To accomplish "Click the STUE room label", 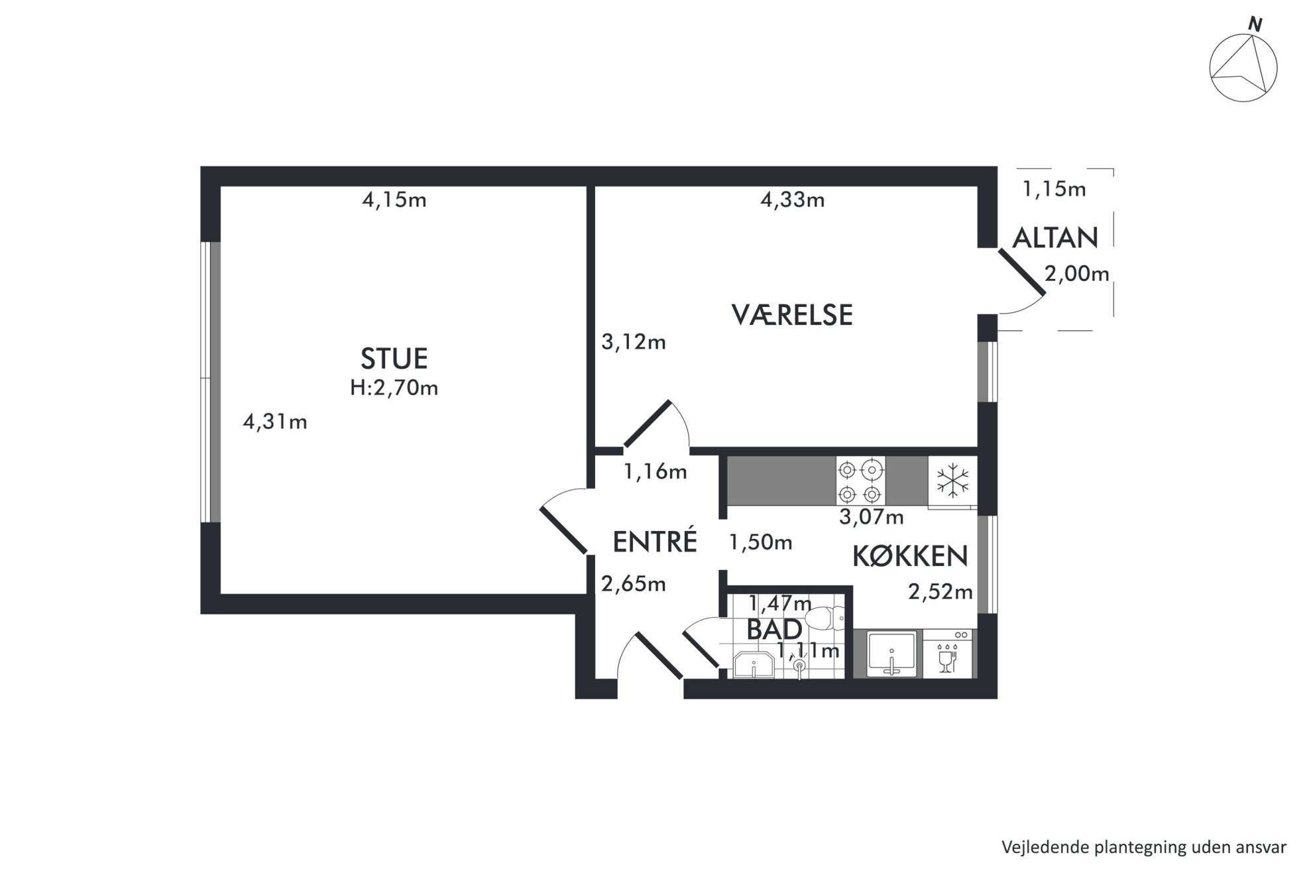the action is [x=394, y=359].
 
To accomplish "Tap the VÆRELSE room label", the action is [x=792, y=315].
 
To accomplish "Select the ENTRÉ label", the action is [x=655, y=542].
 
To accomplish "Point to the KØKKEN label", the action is [x=910, y=557].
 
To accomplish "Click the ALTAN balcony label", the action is [x=1056, y=237].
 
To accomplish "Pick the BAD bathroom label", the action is [x=774, y=630].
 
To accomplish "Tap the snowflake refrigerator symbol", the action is [x=952, y=481].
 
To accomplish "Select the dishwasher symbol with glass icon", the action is [x=948, y=654].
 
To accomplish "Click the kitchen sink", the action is [x=892, y=654].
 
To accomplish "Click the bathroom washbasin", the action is [x=754, y=665].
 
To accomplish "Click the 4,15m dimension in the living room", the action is [x=394, y=200].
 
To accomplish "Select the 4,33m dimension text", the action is [x=793, y=200].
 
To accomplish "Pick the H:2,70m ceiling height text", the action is [x=394, y=388].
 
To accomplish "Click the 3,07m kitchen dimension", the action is [x=872, y=517].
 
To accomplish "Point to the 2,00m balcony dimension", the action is [x=1077, y=273].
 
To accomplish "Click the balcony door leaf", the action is [x=1021, y=272].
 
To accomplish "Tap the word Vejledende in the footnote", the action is [x=1037, y=848].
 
